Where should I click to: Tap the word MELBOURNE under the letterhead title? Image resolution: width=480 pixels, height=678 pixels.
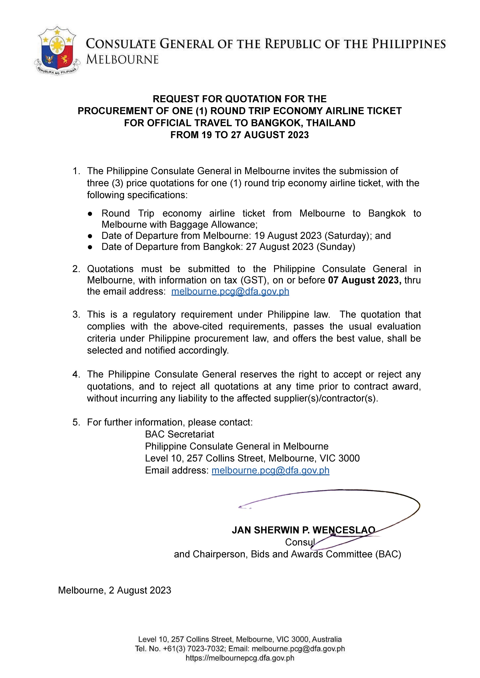coord(122,60)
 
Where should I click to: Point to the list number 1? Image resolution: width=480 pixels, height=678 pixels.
coord(76,171)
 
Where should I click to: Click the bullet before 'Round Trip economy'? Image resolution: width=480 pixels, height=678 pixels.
coord(90,214)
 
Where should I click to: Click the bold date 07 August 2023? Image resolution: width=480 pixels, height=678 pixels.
coord(364,280)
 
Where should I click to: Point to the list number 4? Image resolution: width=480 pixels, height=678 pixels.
coord(76,375)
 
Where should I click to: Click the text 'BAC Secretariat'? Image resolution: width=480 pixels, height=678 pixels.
coord(179,434)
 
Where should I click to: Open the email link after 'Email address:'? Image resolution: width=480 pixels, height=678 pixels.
coord(270,470)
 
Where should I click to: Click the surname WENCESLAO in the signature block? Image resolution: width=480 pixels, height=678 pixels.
coord(344,530)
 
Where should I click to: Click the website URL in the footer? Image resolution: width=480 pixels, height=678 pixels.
coord(240,658)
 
